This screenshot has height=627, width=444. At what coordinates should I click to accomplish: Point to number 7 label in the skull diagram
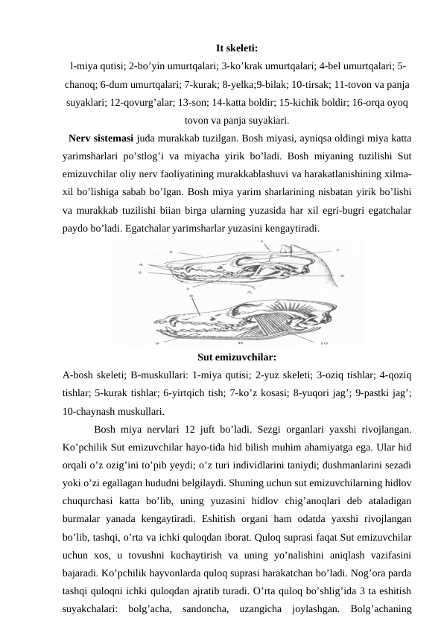pyautogui.click(x=337, y=250)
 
